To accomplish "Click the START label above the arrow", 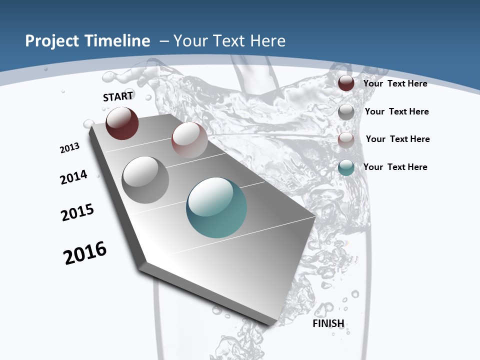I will [x=118, y=96].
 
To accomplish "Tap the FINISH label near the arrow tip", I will [x=328, y=323].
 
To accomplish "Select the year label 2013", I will [x=70, y=148].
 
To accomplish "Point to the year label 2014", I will [x=73, y=177].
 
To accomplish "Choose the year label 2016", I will [x=85, y=253].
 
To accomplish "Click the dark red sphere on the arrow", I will [x=122, y=123].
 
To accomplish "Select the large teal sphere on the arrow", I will [x=216, y=207].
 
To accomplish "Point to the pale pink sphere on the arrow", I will [x=189, y=140].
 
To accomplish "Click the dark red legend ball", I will [x=346, y=83].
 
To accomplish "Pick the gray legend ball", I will [x=346, y=111].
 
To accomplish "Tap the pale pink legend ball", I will [x=346, y=139].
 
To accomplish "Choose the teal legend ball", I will [x=346, y=167].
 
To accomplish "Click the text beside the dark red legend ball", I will [x=395, y=83].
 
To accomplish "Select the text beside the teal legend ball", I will [x=395, y=167].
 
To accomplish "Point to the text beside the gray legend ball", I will [x=396, y=111].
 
